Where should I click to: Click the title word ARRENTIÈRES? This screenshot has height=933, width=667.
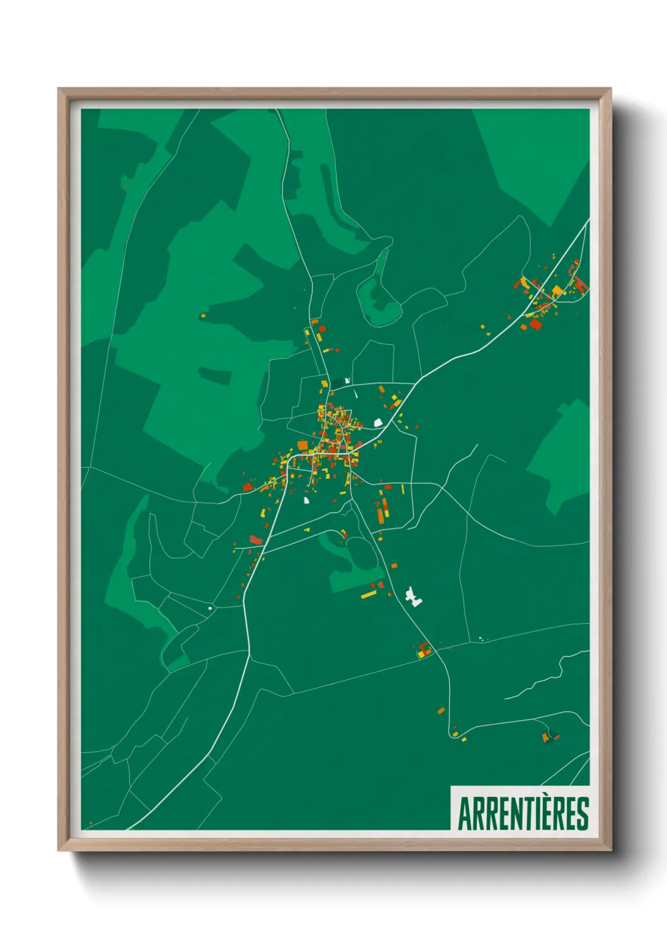coord(523,814)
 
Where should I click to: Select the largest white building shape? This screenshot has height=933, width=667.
coord(413,596)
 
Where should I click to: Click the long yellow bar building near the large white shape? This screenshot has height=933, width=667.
coord(368,594)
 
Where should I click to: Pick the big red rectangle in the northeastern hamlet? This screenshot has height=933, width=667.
coord(535,324)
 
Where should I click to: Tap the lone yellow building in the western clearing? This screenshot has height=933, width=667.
coord(203,315)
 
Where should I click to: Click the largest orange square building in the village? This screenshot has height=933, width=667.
coord(303,446)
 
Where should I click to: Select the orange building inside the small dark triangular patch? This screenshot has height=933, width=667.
coord(546,737)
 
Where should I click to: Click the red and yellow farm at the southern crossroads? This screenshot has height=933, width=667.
coord(424,650)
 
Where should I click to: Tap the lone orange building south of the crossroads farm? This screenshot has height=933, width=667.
coord(441,710)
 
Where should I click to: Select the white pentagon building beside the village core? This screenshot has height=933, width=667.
coord(378,422)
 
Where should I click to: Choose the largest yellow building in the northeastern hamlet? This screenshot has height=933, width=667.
coord(557,291)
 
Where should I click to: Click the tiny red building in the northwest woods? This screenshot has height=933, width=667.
coord(127,187)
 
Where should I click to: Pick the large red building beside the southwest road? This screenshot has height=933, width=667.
coord(255,540)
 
